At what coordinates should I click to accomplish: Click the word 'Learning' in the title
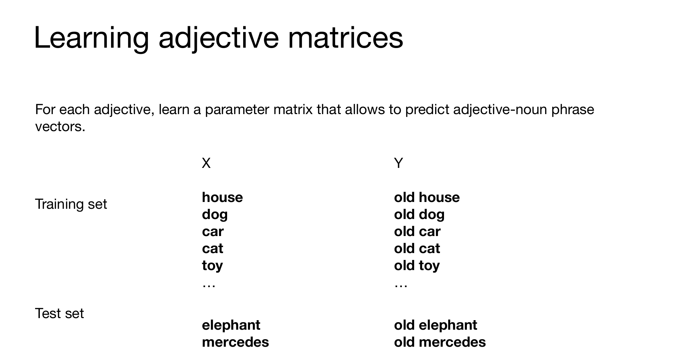[x=91, y=38]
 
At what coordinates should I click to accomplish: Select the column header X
[x=206, y=163]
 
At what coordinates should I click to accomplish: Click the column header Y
[x=398, y=163]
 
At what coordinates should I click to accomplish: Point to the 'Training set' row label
[x=71, y=204]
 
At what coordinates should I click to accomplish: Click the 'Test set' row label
[x=59, y=313]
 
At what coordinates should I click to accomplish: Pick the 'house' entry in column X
[x=222, y=198]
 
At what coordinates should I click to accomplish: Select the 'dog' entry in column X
[x=215, y=215]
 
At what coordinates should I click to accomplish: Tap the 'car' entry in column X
[x=213, y=232]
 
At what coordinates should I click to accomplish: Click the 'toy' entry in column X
[x=212, y=266]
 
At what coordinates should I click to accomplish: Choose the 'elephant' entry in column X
[x=231, y=325]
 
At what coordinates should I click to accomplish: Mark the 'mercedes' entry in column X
[x=235, y=342]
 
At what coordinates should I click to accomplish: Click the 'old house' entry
[x=427, y=198]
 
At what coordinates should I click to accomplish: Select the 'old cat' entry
[x=417, y=249]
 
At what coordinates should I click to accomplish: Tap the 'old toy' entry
[x=417, y=266]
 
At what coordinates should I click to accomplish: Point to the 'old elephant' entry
[x=435, y=325]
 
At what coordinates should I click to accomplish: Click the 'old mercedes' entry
[x=440, y=342]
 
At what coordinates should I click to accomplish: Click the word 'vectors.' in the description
[x=60, y=127]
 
